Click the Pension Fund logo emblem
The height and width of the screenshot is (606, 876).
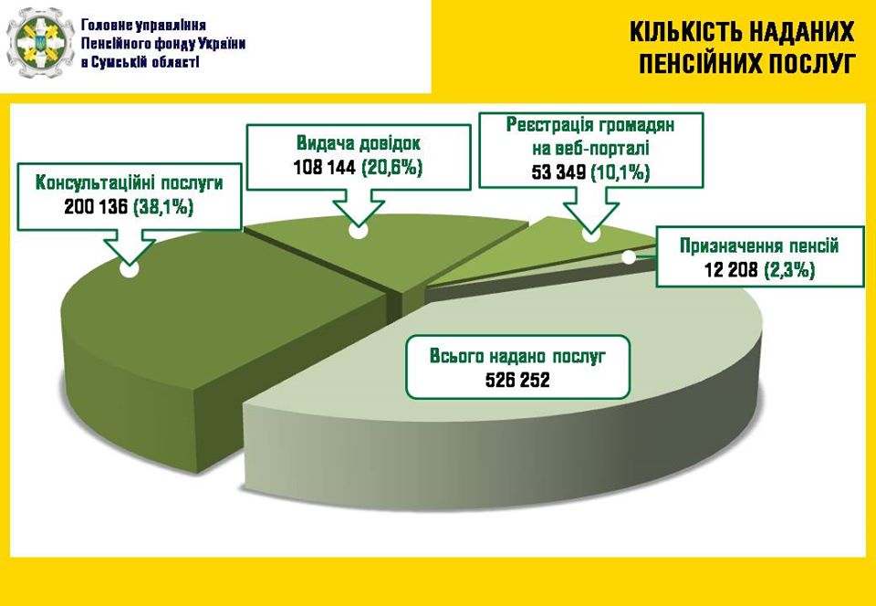point(41,43)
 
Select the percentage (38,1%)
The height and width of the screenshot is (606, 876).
point(163,208)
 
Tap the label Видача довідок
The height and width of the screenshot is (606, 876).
point(359,143)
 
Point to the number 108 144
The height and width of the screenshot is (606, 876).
point(325,168)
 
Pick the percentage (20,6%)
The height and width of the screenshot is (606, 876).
point(392,168)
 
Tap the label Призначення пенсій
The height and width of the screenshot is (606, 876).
point(759,246)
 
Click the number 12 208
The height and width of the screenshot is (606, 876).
point(731,270)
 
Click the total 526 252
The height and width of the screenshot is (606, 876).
point(517,381)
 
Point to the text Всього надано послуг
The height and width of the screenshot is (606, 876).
point(517,356)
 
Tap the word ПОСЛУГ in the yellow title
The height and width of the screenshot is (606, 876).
point(809,64)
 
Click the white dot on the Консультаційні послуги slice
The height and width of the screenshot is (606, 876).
point(129,269)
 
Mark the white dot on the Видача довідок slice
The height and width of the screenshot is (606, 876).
point(358,231)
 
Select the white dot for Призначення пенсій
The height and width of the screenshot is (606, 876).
point(629,257)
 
